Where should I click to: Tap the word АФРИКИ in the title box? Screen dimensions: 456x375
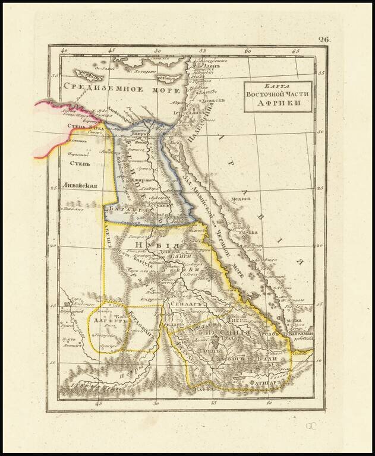pyautogui.click(x=279, y=103)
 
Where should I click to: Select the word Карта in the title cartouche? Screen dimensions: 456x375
pyautogui.click(x=279, y=85)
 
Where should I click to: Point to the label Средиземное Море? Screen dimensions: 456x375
pyautogui.click(x=122, y=90)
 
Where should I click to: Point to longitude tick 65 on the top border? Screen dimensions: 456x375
pyautogui.click(x=295, y=51)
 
